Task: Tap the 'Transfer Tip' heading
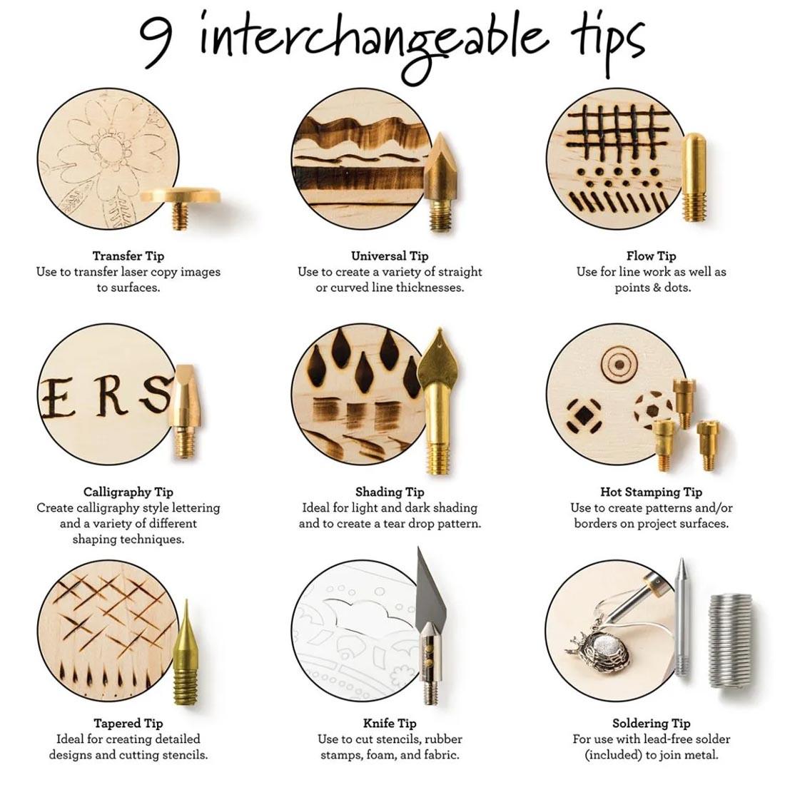pos(128,256)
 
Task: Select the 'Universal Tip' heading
pos(390,256)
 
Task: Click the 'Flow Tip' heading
pos(651,256)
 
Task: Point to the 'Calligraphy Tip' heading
pos(128,492)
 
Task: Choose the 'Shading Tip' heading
pos(390,492)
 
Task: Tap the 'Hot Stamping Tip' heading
pos(651,492)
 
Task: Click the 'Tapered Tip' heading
pos(128,724)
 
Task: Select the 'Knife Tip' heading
pos(390,724)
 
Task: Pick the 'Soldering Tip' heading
pos(651,724)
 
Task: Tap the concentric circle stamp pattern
pos(619,364)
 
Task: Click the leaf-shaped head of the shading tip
pos(439,360)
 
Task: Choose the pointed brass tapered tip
pos(186,652)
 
